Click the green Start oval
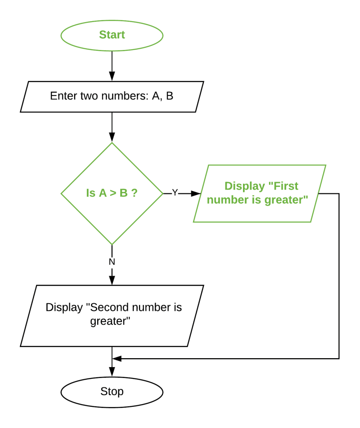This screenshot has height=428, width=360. [112, 35]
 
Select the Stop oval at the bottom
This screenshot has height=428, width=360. [112, 392]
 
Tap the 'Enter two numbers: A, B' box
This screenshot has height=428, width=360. [112, 96]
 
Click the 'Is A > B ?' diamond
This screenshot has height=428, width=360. [112, 193]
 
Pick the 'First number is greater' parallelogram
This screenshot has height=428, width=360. [260, 193]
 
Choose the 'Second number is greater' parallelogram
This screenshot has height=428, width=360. [112, 315]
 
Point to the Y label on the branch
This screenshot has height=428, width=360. [175, 193]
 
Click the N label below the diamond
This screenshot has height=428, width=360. [112, 261]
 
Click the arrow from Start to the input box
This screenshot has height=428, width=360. [112, 65]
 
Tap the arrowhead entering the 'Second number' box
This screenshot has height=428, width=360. [112, 280]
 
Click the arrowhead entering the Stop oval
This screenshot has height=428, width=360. [112, 372]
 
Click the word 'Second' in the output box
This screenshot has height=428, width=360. [108, 308]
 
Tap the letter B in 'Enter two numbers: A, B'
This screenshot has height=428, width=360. [170, 96]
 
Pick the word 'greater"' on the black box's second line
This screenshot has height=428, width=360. [112, 323]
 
